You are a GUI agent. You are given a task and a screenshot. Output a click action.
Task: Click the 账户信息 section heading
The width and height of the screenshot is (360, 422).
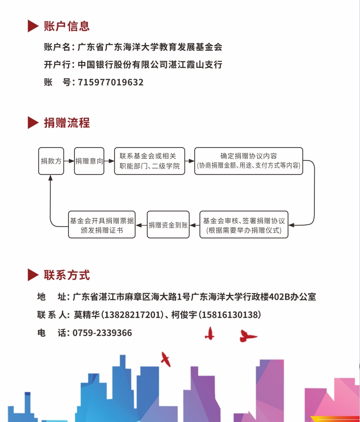(x=67, y=26)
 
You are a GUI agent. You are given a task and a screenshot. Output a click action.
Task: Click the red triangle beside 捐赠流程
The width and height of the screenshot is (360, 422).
(x=33, y=123)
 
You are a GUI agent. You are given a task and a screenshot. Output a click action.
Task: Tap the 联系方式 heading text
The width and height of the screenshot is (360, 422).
(x=67, y=275)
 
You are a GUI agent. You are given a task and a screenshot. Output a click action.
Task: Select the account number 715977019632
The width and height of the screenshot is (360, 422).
(x=111, y=82)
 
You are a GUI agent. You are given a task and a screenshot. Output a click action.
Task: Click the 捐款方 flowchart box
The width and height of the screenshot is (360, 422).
(x=51, y=161)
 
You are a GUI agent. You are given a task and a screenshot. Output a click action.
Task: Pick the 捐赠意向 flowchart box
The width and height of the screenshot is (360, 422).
(x=89, y=161)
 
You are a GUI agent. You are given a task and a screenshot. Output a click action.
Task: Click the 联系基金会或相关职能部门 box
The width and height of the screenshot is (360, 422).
(x=149, y=161)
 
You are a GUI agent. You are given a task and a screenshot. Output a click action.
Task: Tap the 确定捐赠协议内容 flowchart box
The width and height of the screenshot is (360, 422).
(x=248, y=161)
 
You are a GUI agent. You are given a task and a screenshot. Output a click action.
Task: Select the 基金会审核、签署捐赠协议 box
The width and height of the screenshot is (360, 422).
(x=244, y=225)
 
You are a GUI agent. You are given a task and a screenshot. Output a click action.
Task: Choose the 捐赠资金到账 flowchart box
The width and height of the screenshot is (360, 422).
(x=168, y=225)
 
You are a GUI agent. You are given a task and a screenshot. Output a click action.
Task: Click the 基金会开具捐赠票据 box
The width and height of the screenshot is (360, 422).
(x=102, y=225)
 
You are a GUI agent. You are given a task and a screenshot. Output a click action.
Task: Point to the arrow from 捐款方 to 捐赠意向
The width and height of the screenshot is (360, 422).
(x=69, y=161)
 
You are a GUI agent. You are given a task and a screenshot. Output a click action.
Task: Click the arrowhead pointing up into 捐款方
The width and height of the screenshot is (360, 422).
(x=51, y=178)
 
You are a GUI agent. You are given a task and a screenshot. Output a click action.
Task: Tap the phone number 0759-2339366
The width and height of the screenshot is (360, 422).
(x=102, y=333)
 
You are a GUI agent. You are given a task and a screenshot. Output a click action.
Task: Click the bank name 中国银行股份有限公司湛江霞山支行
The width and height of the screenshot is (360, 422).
(x=150, y=65)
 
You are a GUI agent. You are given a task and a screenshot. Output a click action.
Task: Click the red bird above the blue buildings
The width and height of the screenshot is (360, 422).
(x=165, y=359)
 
